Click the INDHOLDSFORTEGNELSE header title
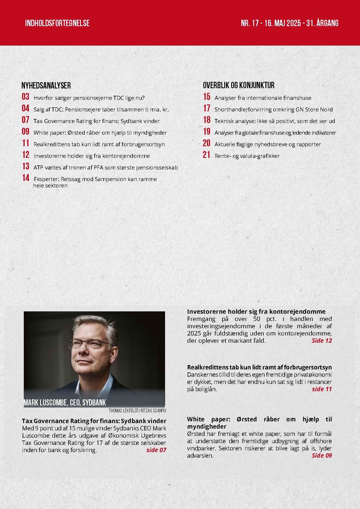57,23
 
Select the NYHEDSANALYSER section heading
46,85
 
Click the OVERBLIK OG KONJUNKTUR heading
238,85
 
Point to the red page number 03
26,97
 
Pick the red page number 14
26,178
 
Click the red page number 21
207,155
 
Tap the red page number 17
207,109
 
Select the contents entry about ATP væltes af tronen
106,167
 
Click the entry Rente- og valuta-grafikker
247,156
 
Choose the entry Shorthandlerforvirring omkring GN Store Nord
273,109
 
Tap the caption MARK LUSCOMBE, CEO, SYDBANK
65,402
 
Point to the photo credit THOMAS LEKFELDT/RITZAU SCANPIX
138,411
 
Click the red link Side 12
322,340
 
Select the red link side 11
322,389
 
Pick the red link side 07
156,450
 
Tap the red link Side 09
322,455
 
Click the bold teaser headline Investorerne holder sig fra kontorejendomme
256,311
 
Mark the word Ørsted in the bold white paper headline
247,419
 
